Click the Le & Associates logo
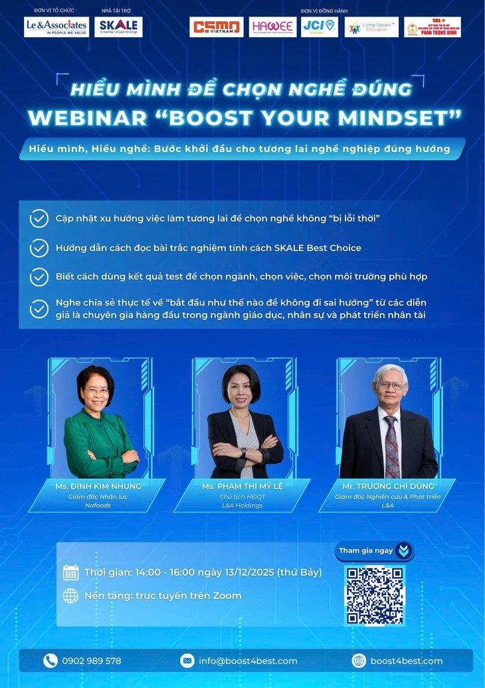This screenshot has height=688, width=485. pos(56,27)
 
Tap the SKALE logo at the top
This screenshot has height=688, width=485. pos(118,27)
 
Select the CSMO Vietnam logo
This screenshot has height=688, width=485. pos(217,27)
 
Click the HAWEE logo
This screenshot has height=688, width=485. pos(272,27)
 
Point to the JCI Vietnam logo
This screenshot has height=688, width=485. pos(319,27)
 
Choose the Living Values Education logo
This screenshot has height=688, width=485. pos(371,27)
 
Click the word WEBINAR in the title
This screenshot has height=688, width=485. pos(88,118)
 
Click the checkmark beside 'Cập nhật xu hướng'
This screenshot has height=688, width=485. pos(39,218)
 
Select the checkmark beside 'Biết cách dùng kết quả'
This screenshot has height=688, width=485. pos(39,276)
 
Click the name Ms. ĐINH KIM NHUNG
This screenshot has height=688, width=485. pos(98,486)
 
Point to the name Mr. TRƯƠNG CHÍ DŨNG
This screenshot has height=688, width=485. pos(387,486)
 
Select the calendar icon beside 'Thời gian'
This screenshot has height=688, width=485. pos(71,572)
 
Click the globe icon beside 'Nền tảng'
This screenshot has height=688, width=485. pos(71,596)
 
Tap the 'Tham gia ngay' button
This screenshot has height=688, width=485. pos(375,551)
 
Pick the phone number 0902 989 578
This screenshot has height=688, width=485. pos(92,661)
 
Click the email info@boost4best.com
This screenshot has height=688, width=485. pos(248,661)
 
